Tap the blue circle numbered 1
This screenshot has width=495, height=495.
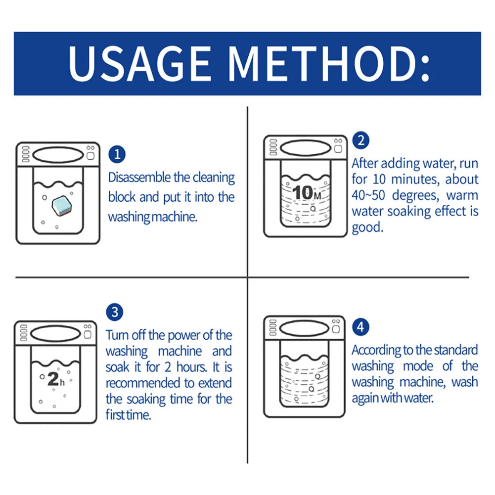117,154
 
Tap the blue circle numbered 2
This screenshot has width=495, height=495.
360,140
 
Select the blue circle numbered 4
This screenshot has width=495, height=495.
360,327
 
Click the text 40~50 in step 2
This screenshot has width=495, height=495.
369,195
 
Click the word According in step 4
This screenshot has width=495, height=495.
375,350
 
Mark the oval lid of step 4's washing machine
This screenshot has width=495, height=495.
305,328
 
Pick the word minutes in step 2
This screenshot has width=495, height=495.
414,179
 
